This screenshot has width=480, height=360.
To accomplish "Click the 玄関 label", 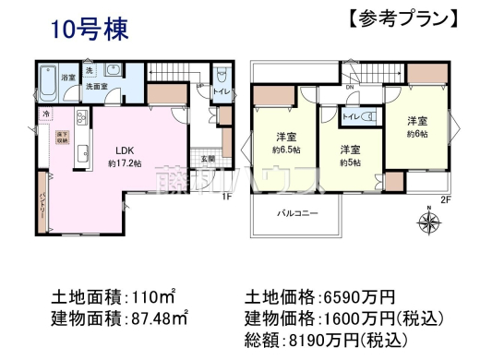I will [209, 158].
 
